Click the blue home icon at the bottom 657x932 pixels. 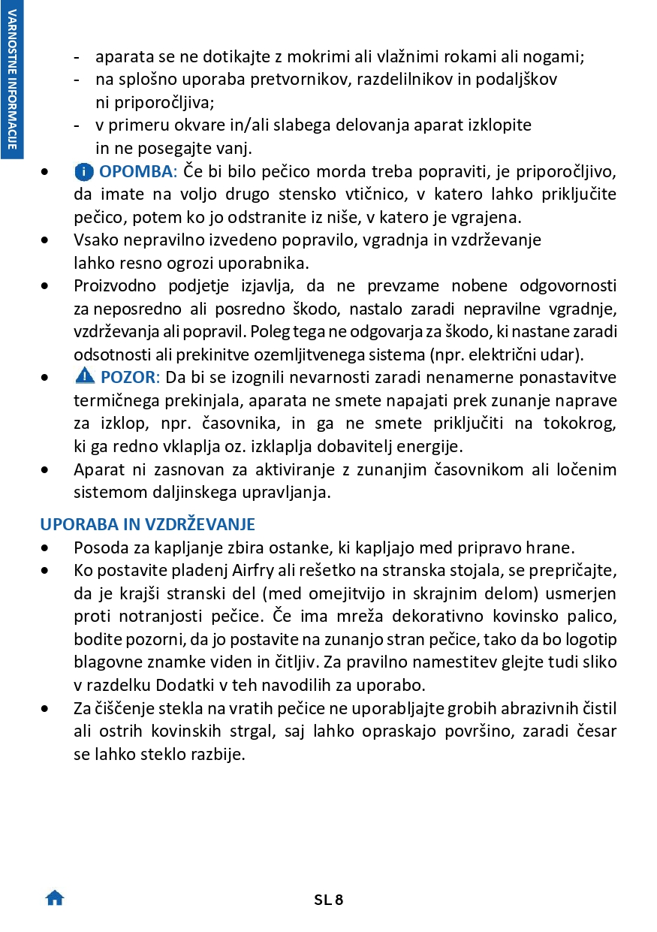tap(55, 897)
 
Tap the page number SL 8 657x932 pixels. tap(328, 899)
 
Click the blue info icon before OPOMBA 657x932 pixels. tap(84, 172)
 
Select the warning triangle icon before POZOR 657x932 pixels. tap(84, 376)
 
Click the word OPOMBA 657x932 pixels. tap(136, 172)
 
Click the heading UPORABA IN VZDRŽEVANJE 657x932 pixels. tap(147, 524)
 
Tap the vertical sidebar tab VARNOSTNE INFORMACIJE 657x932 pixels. tap(12, 78)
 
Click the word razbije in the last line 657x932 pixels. tap(219, 754)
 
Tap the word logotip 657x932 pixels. tap(591, 639)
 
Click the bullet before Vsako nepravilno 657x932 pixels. tap(48, 240)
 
